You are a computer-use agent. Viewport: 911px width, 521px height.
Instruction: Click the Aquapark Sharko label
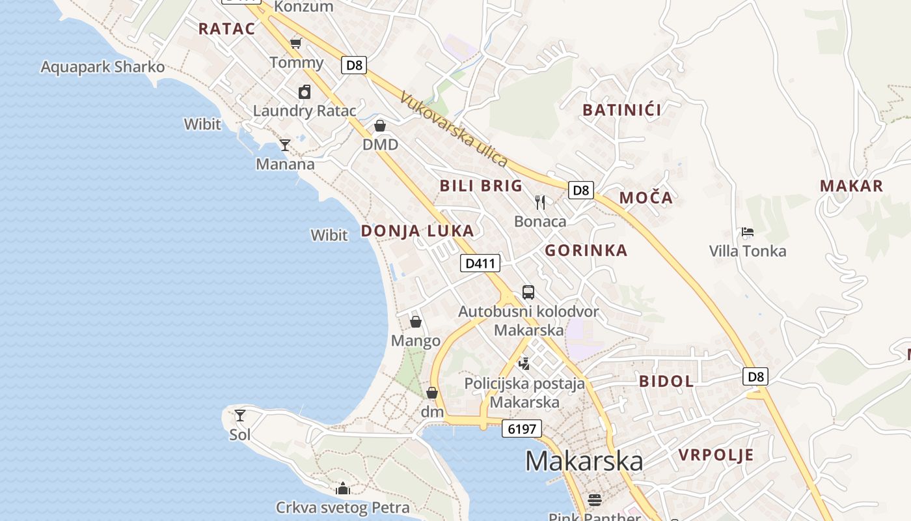103,67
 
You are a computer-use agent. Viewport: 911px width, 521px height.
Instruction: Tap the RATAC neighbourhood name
226,29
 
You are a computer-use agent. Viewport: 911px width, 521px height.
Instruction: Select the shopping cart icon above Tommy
296,43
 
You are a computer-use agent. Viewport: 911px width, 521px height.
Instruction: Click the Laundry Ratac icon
305,92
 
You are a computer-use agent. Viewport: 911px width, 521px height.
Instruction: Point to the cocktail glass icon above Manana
284,145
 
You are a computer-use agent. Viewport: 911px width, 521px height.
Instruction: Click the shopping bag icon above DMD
380,125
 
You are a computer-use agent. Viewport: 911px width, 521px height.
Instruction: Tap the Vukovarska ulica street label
454,129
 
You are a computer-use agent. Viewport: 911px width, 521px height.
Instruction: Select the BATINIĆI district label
622,110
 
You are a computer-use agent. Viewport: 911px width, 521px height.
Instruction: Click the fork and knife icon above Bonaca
539,202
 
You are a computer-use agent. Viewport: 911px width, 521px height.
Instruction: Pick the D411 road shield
480,263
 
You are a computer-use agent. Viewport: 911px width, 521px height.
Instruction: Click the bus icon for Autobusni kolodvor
528,292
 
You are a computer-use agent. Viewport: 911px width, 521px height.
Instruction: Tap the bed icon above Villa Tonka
747,232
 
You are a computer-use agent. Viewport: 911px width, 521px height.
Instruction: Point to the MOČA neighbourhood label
646,198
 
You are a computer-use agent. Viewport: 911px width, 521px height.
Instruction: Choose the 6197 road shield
521,429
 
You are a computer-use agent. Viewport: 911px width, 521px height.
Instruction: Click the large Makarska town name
584,461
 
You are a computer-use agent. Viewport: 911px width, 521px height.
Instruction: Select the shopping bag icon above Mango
415,322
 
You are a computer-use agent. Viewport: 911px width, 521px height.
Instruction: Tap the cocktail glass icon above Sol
240,415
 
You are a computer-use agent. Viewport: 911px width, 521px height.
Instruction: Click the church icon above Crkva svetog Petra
342,488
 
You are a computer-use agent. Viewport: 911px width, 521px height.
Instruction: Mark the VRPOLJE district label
716,455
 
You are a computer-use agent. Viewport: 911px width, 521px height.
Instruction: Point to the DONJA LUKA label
417,231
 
